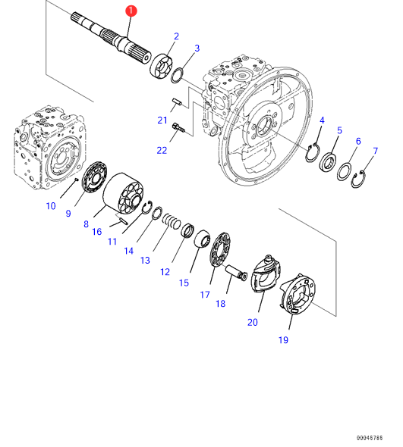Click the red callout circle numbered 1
pyautogui.click(x=131, y=11)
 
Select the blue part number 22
pyautogui.click(x=162, y=150)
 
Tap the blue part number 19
pyautogui.click(x=283, y=340)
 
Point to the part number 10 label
pyautogui.click(x=51, y=206)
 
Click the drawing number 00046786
pyautogui.click(x=370, y=438)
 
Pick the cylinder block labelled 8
pyautogui.click(x=123, y=193)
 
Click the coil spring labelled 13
pyautogui.click(x=172, y=222)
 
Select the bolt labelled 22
pyautogui.click(x=178, y=128)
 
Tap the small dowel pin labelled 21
pyautogui.click(x=177, y=102)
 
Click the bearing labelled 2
pyautogui.click(x=161, y=66)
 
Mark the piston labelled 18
pyautogui.click(x=236, y=273)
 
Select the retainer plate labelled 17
pyautogui.click(x=220, y=250)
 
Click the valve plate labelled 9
pyautogui.click(x=94, y=177)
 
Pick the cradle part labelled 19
pyautogui.click(x=298, y=294)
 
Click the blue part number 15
pyautogui.click(x=184, y=283)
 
